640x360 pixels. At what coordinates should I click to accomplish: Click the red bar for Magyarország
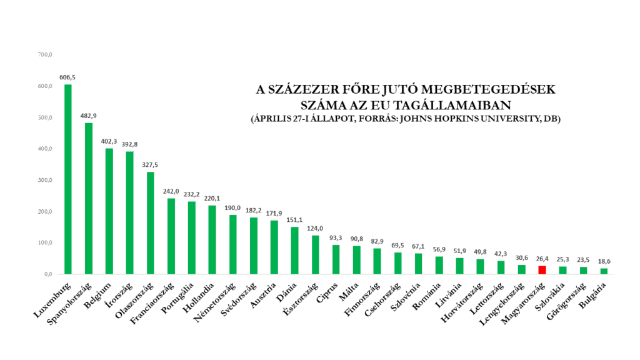(x=542, y=270)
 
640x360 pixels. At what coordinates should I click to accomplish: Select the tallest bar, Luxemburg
(x=68, y=179)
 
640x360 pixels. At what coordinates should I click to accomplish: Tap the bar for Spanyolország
(x=89, y=198)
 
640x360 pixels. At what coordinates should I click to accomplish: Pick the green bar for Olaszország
(x=151, y=223)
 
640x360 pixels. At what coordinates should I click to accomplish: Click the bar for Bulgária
(x=604, y=271)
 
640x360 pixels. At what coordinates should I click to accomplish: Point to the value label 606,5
(x=68, y=77)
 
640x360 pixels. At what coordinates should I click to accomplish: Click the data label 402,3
(x=109, y=141)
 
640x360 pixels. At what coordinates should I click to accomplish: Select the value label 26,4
(x=542, y=259)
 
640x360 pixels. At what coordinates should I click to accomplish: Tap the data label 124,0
(x=316, y=228)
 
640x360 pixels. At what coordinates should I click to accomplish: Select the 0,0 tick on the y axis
(x=46, y=274)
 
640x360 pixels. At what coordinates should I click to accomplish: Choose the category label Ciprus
(x=327, y=292)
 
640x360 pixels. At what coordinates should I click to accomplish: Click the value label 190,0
(x=233, y=207)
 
